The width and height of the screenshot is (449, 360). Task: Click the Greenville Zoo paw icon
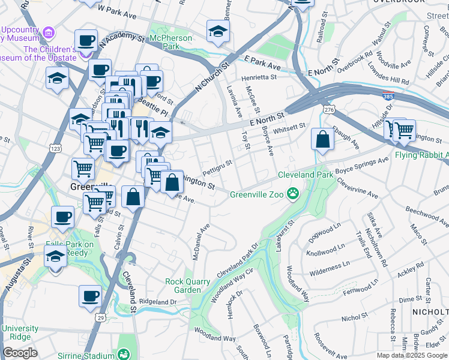click(293, 193)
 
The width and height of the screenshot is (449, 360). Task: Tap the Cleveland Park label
click(305, 175)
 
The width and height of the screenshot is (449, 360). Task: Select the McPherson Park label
click(172, 41)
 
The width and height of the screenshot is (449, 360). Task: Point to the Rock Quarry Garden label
click(188, 286)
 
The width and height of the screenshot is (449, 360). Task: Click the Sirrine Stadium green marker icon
click(124, 355)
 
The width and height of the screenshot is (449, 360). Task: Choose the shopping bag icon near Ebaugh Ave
click(322, 140)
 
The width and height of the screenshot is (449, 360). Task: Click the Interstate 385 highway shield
click(389, 96)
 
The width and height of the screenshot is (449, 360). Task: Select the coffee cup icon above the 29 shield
click(91, 296)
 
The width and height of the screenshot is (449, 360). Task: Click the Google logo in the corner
click(20, 353)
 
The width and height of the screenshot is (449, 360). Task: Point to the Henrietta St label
click(259, 77)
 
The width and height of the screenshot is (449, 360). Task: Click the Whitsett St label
click(289, 126)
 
